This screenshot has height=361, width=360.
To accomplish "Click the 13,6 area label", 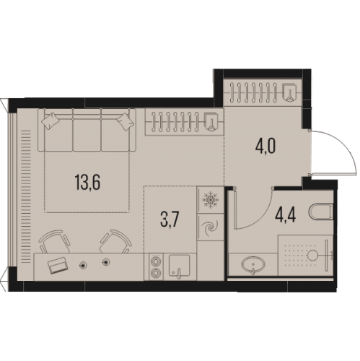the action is [87, 182].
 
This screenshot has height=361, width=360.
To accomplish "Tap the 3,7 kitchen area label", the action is [170, 219].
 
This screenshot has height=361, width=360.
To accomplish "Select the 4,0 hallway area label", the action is [265, 146].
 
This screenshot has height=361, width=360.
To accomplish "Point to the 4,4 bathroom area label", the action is [286, 215].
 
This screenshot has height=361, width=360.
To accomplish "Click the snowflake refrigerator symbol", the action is [210, 199].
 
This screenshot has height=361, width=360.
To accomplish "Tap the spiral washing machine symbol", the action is [210, 227].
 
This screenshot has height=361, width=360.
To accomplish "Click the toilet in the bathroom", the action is [321, 212].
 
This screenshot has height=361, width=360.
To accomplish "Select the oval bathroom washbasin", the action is [253, 264].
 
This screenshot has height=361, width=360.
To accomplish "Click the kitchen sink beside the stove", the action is [179, 266].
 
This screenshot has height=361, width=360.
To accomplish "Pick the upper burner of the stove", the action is [156, 261].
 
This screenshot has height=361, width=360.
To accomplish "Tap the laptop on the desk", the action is [58, 265].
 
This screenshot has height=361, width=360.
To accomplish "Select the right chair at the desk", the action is [116, 241].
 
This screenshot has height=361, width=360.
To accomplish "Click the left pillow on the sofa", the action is [50, 121].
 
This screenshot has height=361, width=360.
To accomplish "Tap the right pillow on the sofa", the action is [126, 121].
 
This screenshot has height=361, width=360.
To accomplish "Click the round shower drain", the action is [312, 255].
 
